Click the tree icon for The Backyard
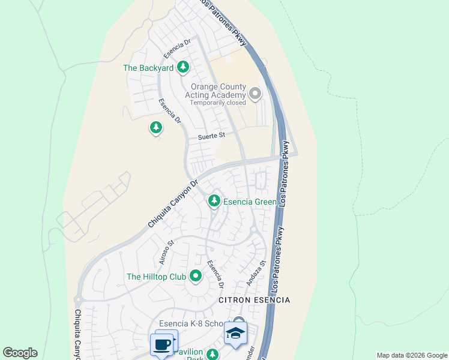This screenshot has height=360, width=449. pyautogui.click(x=183, y=68)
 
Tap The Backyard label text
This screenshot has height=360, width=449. pyautogui.click(x=148, y=68)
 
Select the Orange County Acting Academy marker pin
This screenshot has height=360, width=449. pyautogui.click(x=255, y=94)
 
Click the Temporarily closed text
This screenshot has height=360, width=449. pyautogui.click(x=218, y=103)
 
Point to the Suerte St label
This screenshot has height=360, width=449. pyautogui.click(x=211, y=136)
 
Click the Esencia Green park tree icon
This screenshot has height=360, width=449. pyautogui.click(x=214, y=202)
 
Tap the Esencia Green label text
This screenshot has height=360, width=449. pyautogui.click(x=250, y=202)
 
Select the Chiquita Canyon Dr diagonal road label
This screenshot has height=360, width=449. pyautogui.click(x=173, y=204)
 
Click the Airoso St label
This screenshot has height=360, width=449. pyautogui.click(x=166, y=252)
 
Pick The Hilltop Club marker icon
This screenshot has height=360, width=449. pyautogui.click(x=195, y=277)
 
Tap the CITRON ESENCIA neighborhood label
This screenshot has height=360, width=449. pyautogui.click(x=254, y=299)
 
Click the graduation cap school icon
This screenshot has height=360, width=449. pyautogui.click(x=235, y=333)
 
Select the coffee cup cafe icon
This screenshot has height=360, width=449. pyautogui.click(x=161, y=344)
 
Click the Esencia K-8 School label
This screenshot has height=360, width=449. pyautogui.click(x=191, y=323)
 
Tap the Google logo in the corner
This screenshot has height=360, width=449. pyautogui.click(x=20, y=353)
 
